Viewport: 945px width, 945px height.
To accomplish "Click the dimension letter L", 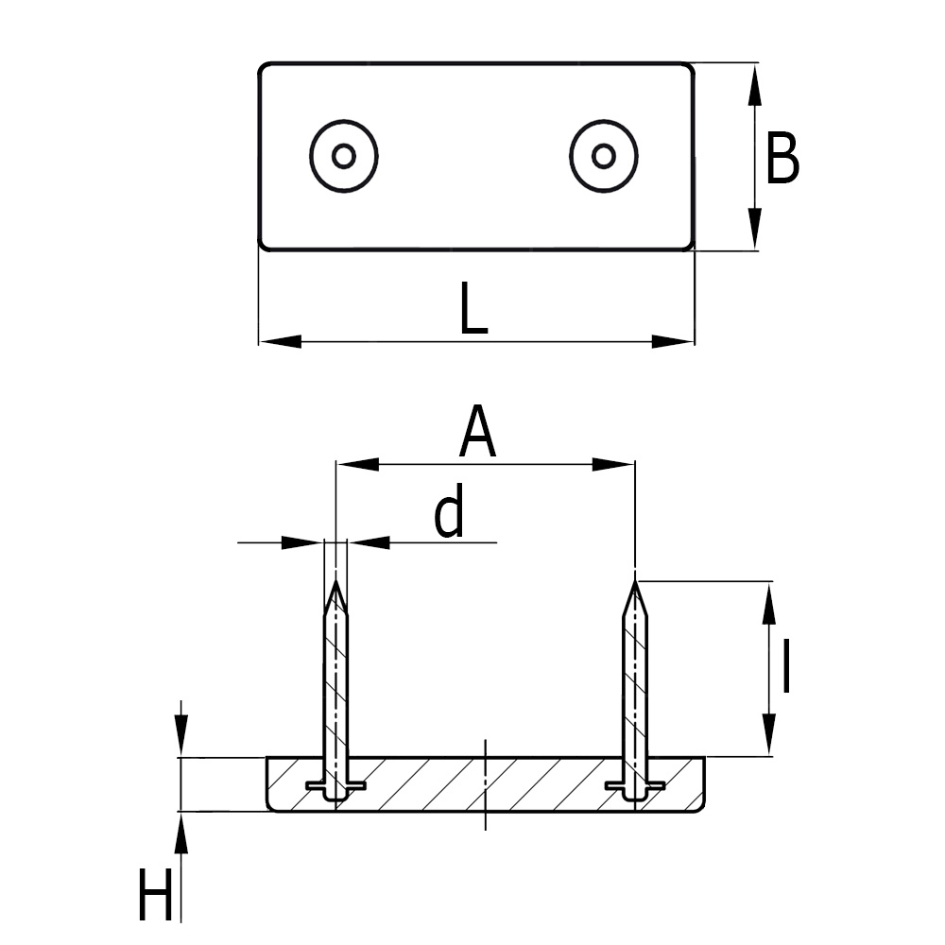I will (472, 308).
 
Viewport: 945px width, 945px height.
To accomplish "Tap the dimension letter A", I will (478, 432).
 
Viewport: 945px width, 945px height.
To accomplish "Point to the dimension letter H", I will (156, 896).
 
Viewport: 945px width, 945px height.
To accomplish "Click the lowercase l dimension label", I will (785, 665).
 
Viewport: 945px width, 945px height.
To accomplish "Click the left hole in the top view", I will (344, 156).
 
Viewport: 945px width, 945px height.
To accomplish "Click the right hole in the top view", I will (604, 155).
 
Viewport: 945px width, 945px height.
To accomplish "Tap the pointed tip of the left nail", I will (335, 584).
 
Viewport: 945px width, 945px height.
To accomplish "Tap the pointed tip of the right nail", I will (636, 584).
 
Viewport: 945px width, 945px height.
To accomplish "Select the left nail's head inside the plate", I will (335, 786).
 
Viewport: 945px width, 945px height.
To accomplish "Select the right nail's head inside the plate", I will (635, 786).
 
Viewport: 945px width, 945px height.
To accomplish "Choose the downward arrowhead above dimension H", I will (181, 738).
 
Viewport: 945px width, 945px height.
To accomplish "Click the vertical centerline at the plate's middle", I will (485, 784).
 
